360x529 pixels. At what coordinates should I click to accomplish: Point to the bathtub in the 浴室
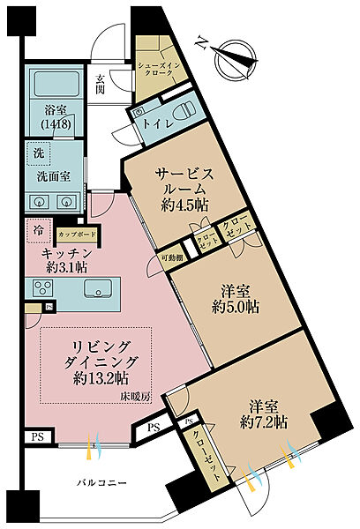pyautogui.click(x=53, y=86)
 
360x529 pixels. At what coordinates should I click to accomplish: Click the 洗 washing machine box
pyautogui.click(x=37, y=152)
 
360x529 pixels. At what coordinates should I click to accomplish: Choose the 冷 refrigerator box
pyautogui.click(x=37, y=230)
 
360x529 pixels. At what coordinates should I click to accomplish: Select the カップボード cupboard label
pyautogui.click(x=76, y=235)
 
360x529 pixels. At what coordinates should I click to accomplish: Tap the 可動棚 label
pyautogui.click(x=171, y=257)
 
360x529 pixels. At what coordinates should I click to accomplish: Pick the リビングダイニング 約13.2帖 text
pyautogui.click(x=96, y=361)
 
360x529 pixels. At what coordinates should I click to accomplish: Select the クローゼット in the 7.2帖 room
pyautogui.click(x=210, y=458)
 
